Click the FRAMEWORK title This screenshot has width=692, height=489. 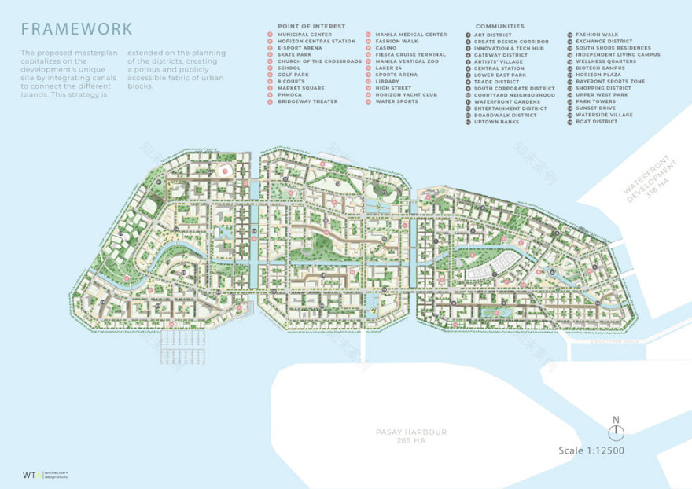(x=76, y=29)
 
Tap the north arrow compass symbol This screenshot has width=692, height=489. (x=616, y=431)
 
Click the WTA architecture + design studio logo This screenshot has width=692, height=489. (x=46, y=475)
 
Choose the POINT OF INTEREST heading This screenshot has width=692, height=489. (x=311, y=26)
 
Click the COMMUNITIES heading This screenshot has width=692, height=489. (x=499, y=26)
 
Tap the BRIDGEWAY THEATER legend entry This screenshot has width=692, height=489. (x=307, y=101)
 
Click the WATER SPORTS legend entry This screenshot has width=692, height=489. (x=396, y=101)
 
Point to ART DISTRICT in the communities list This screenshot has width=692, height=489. (x=492, y=35)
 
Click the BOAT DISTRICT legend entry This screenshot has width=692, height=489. (x=596, y=122)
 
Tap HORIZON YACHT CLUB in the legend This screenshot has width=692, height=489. (x=406, y=94)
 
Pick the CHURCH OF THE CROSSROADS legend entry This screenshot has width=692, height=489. (x=318, y=61)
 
